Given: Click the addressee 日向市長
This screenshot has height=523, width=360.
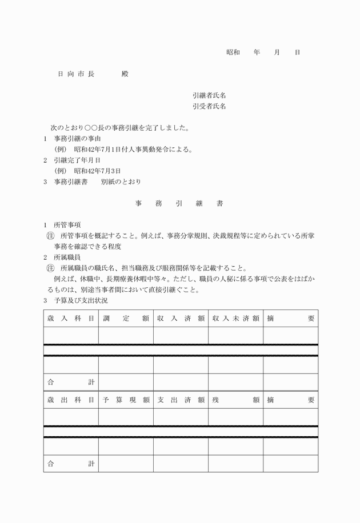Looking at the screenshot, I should click(x=76, y=74).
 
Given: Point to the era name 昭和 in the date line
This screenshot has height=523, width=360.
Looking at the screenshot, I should click(x=233, y=53).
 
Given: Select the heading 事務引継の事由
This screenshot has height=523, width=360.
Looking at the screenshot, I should click(x=77, y=139).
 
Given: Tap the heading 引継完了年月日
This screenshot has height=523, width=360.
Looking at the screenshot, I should click(x=77, y=160).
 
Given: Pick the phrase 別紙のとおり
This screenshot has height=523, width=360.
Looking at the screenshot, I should click(x=121, y=182).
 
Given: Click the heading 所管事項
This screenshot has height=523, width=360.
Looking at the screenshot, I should click(x=67, y=224).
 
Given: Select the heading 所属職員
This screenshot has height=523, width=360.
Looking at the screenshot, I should click(x=67, y=258).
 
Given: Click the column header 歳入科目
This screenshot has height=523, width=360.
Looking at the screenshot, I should click(x=71, y=319).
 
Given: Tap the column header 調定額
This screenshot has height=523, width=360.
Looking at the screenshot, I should click(x=126, y=319).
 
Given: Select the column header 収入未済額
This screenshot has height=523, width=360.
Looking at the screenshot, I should click(x=235, y=319).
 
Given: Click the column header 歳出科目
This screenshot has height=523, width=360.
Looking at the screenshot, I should click(x=71, y=400).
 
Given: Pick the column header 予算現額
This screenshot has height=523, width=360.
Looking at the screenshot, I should click(x=126, y=400).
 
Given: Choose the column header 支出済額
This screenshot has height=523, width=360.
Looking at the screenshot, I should click(x=181, y=400).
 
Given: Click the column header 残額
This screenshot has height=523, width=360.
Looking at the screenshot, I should click(x=235, y=400).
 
